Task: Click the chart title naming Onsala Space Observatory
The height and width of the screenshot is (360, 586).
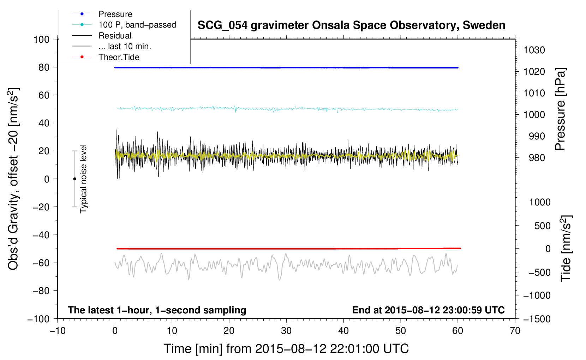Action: (x=351, y=25)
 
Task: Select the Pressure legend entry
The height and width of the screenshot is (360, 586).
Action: (x=115, y=14)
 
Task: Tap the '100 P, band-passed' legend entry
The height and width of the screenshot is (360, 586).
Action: (x=137, y=25)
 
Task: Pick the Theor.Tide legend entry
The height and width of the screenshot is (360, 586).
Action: (x=119, y=57)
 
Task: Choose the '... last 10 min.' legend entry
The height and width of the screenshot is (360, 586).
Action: (x=125, y=46)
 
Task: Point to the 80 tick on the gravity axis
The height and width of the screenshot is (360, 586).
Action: (x=44, y=67)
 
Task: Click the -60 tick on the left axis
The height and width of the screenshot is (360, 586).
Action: (x=41, y=263)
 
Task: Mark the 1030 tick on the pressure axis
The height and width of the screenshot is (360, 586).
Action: (x=534, y=50)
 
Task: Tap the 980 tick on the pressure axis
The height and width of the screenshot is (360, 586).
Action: (x=537, y=158)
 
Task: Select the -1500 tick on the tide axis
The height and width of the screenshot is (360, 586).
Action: (x=537, y=319)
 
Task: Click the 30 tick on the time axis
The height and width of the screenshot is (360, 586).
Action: (x=286, y=331)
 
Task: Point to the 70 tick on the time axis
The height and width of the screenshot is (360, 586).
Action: (x=515, y=331)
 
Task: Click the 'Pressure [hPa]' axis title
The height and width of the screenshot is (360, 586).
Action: (x=560, y=109)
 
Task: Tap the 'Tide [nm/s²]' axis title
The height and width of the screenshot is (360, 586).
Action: (x=566, y=248)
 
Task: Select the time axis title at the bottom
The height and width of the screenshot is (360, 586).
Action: (x=286, y=349)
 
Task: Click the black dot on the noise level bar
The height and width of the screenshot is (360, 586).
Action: (x=74, y=179)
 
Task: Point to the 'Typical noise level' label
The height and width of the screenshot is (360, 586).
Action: (x=83, y=179)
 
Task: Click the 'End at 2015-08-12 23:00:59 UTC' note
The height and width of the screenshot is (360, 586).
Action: (x=428, y=310)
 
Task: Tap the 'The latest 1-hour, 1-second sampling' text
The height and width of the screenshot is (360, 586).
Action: (x=157, y=310)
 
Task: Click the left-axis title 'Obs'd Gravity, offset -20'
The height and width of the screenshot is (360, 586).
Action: (x=13, y=179)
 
